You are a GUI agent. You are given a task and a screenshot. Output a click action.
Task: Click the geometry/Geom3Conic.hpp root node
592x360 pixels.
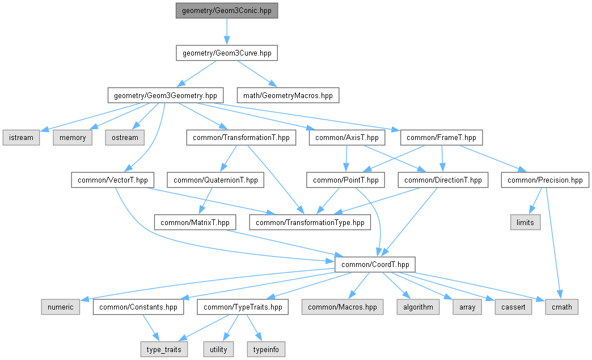pyautogui.click(x=227, y=11)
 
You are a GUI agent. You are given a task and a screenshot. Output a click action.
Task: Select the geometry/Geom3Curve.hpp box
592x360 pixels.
pyautogui.click(x=227, y=53)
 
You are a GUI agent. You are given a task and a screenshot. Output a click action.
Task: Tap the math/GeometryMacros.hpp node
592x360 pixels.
pyautogui.click(x=287, y=95)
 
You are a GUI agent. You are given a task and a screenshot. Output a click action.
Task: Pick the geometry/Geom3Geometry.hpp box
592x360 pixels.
pyautogui.click(x=165, y=95)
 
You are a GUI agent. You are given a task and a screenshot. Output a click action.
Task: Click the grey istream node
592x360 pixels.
pyautogui.click(x=21, y=137)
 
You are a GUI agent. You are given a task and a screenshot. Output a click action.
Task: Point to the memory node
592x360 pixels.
pyautogui.click(x=73, y=137)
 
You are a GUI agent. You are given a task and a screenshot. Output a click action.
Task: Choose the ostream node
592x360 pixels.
pyautogui.click(x=124, y=137)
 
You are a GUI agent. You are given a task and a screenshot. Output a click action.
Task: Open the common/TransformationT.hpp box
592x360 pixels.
pyautogui.click(x=241, y=137)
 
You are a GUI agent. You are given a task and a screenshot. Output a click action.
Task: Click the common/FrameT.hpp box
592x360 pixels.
pyautogui.click(x=442, y=137)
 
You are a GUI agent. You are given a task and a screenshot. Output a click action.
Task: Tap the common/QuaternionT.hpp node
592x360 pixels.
pyautogui.click(x=215, y=180)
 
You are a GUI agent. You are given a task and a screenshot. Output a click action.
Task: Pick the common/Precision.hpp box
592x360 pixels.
pyautogui.click(x=545, y=180)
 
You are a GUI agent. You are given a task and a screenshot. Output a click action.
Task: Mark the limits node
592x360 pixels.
pyautogui.click(x=525, y=222)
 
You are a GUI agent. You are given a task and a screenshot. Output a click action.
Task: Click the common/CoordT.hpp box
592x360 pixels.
pyautogui.click(x=375, y=264)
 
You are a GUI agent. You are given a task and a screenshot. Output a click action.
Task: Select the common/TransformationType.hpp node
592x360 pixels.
pyautogui.click(x=310, y=222)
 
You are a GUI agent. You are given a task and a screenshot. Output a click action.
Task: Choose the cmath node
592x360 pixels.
pyautogui.click(x=562, y=307)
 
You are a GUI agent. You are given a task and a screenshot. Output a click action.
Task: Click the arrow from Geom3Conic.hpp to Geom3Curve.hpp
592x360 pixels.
pyautogui.click(x=227, y=32)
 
